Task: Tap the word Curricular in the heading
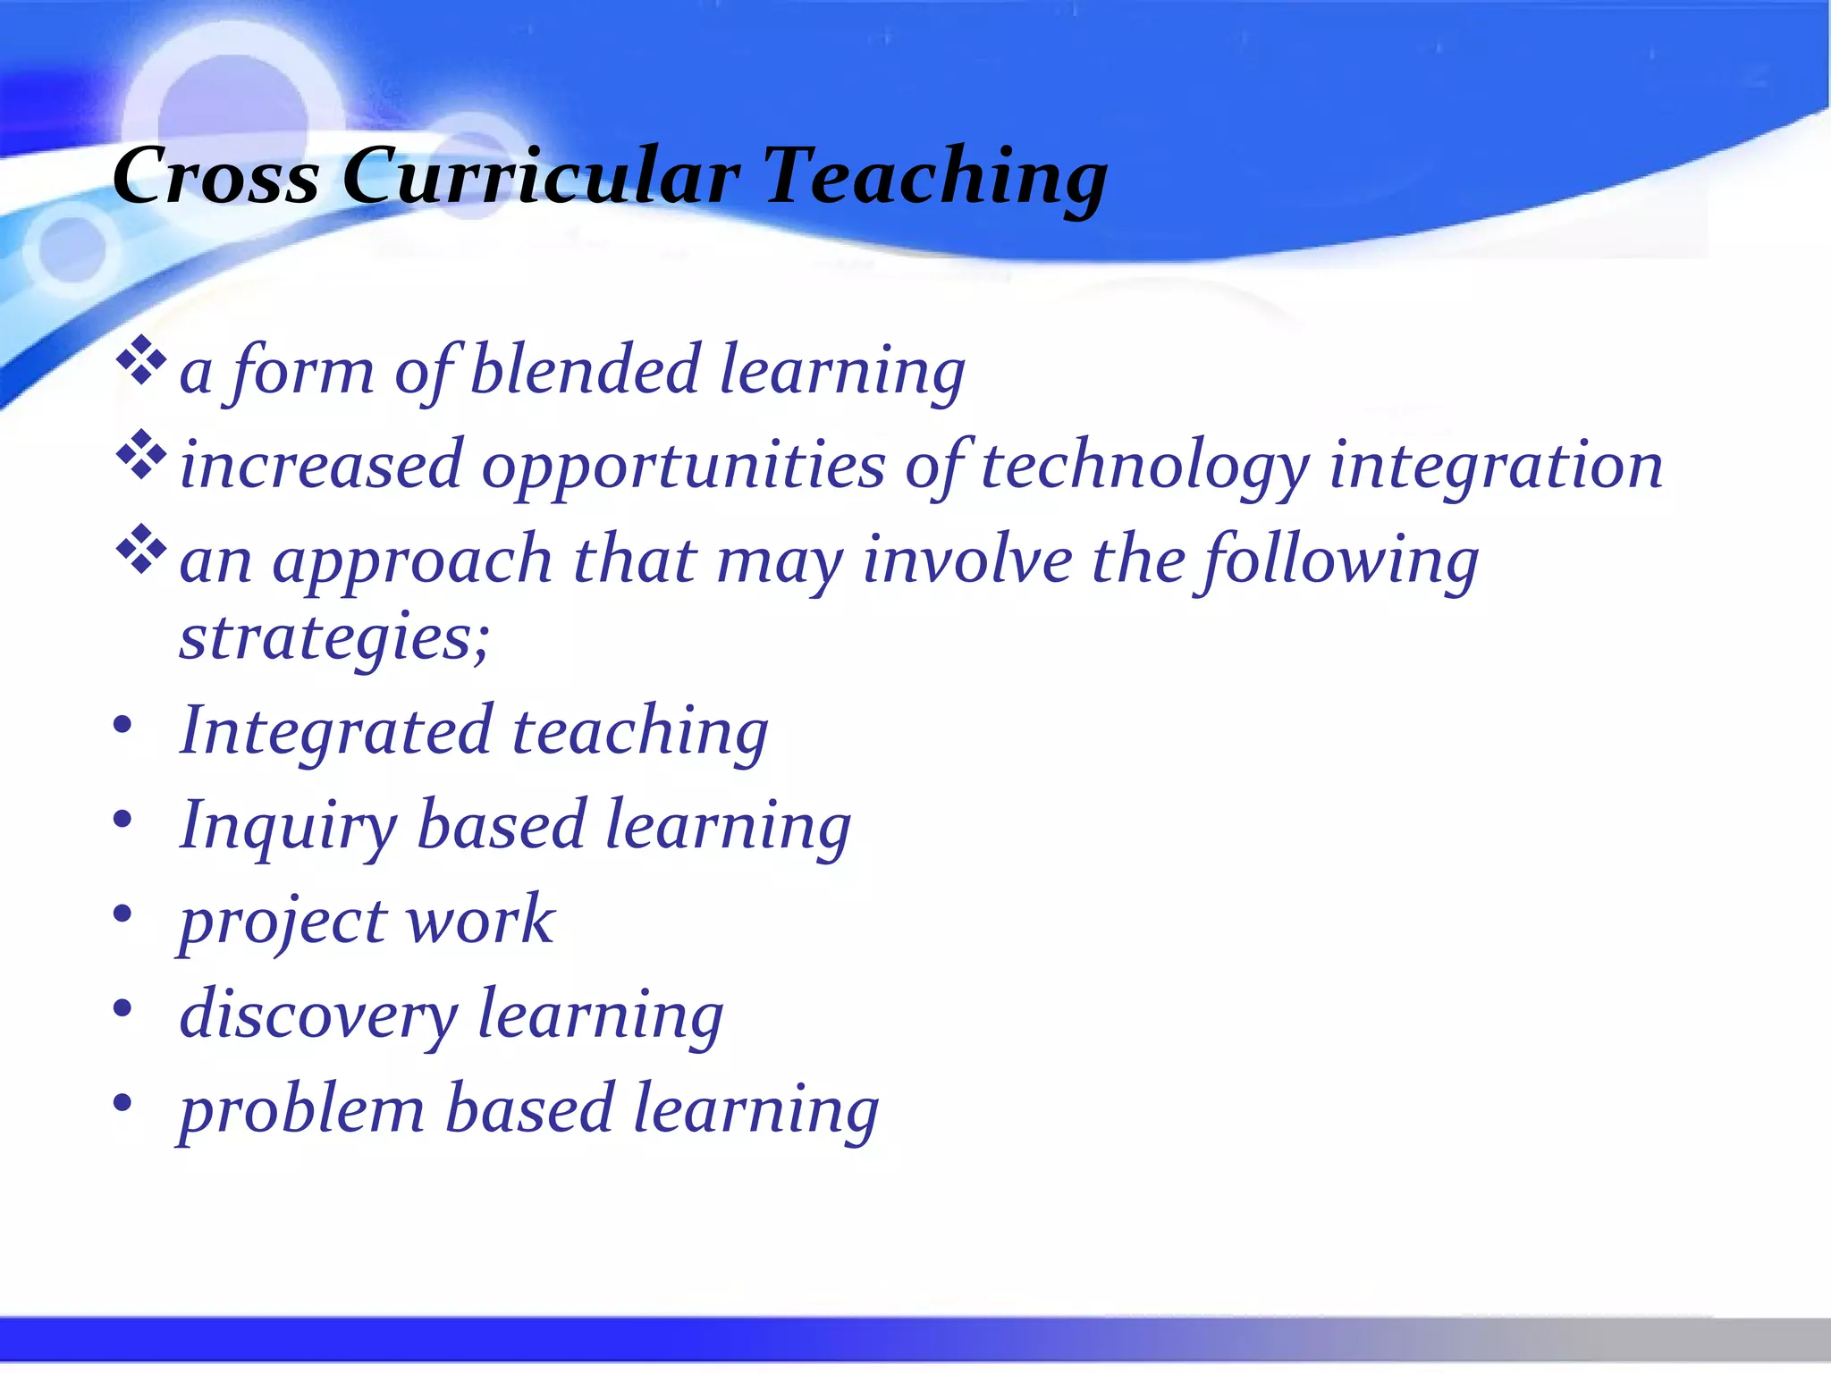coord(540,176)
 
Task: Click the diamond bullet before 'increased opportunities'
coord(141,455)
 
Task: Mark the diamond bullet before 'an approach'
coord(141,550)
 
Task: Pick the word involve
coord(966,560)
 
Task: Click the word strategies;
coord(334,638)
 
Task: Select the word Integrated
coord(336,731)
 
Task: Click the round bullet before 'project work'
coord(123,914)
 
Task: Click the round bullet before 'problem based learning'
coord(123,1103)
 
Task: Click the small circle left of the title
coord(72,248)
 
